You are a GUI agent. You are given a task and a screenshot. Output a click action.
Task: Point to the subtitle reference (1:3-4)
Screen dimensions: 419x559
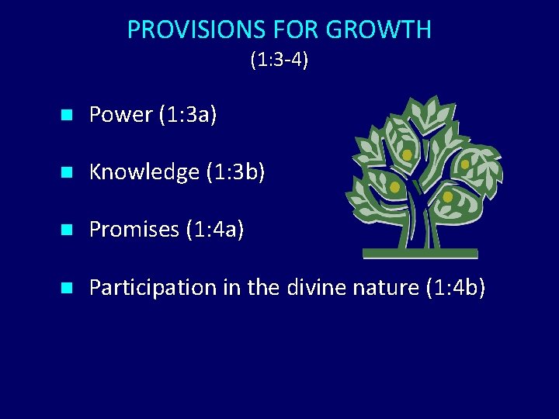(279, 60)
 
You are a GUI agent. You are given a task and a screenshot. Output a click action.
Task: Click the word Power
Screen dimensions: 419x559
(121, 115)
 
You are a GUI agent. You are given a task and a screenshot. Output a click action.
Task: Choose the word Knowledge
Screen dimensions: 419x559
(144, 172)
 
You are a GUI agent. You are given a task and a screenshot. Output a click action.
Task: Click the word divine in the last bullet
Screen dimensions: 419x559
(312, 287)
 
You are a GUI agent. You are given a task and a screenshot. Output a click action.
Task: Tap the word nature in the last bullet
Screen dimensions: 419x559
(384, 287)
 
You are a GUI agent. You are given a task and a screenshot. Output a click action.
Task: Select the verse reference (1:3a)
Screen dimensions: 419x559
(187, 115)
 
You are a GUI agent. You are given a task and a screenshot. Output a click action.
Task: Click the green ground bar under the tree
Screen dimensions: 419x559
(420, 253)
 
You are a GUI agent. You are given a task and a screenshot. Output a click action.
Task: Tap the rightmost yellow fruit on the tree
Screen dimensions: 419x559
(464, 164)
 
